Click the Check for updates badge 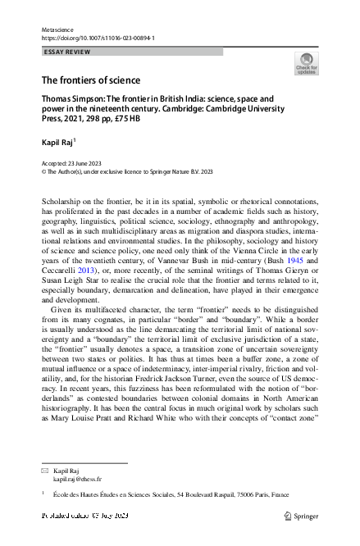click(x=306, y=64)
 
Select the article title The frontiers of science click(x=91, y=80)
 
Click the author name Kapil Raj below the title click(x=60, y=143)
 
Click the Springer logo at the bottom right click(x=300, y=516)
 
